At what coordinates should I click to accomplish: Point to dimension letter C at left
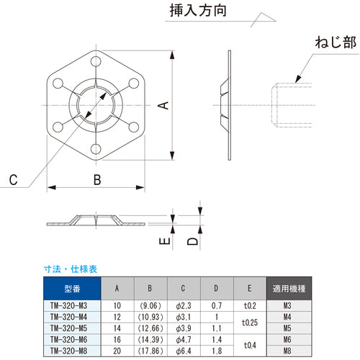point(14,179)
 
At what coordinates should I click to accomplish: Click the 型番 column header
point(72,288)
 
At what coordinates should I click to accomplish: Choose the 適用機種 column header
point(288,288)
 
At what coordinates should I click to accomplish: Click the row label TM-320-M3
point(72,305)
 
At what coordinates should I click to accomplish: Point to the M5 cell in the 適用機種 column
point(288,328)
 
